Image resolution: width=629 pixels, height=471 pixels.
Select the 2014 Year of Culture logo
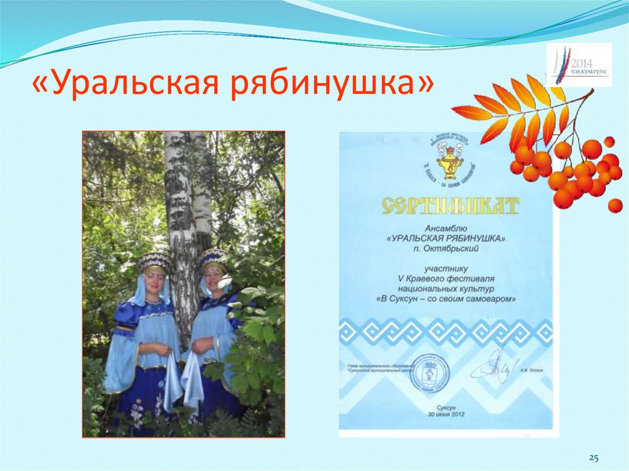click(579, 65)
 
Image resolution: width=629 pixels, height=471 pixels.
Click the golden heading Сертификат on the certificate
click(450, 205)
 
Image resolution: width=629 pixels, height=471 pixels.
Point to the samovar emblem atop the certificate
click(450, 161)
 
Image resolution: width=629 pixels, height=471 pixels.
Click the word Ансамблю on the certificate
click(447, 227)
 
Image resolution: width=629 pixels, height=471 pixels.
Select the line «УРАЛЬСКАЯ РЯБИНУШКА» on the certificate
click(447, 238)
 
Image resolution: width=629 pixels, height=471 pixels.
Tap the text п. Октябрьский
click(447, 249)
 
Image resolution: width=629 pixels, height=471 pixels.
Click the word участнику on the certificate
click(447, 268)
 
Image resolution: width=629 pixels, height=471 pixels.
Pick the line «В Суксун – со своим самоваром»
click(447, 299)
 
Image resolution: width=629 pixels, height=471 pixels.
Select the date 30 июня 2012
click(447, 415)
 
